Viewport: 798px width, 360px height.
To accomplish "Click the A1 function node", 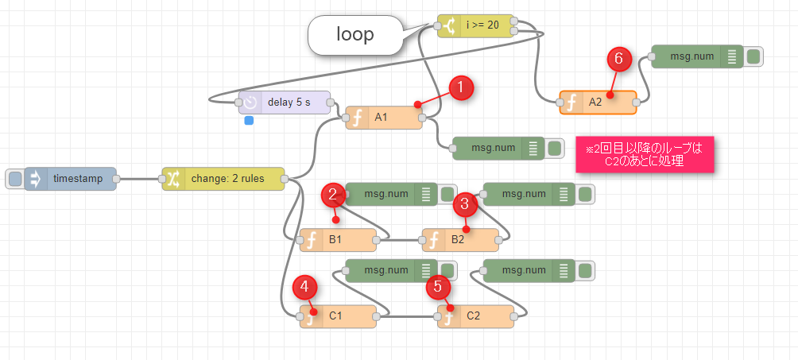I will pos(384,118).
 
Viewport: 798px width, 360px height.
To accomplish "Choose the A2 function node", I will pos(598,103).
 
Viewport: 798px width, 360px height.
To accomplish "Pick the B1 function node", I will pos(338,239).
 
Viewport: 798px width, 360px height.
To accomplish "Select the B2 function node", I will pos(460,239).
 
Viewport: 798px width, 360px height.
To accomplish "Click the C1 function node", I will pos(338,316).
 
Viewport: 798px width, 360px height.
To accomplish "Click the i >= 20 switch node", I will pos(475,25).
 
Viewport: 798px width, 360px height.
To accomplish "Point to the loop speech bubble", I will pos(354,36).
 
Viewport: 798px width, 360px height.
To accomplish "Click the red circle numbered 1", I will pos(462,89).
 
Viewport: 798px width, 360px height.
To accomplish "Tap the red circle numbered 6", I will pos(618,59).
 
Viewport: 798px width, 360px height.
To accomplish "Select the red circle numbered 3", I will pos(465,204).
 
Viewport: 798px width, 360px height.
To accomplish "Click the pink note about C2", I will pos(645,153).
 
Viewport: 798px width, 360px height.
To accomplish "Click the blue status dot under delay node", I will pos(249,121).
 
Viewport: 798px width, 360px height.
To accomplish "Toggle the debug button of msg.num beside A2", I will pos(753,56).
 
